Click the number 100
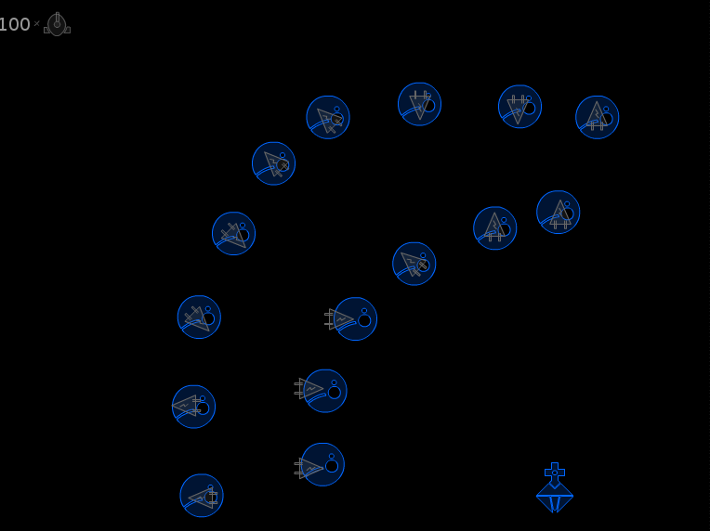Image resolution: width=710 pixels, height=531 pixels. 15,24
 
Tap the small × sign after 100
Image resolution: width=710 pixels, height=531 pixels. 36,23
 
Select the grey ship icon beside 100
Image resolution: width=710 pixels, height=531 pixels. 57,24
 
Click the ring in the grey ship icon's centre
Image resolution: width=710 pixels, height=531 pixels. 57,24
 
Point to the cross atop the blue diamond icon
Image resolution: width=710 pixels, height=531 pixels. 555,473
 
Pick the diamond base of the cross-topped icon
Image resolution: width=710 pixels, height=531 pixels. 555,497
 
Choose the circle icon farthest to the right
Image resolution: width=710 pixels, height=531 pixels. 598,117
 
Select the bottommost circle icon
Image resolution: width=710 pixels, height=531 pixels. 202,496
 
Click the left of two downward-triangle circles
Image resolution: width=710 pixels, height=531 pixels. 420,104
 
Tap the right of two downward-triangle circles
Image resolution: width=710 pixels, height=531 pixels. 519,106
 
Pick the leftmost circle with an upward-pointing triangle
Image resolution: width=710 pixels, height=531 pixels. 495,228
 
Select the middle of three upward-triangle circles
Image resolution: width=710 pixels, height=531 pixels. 559,213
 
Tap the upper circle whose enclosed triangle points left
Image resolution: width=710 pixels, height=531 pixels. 194,407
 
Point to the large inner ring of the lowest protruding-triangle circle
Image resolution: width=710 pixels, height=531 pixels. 332,465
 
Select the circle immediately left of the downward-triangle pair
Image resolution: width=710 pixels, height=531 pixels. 328,117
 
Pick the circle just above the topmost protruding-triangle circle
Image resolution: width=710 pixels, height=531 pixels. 414,264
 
